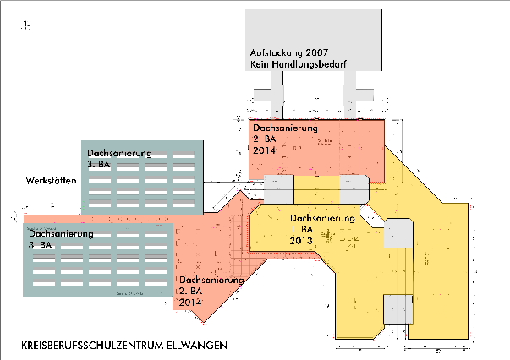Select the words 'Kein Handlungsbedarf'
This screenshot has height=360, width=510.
303,64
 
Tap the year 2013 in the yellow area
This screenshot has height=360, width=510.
302,241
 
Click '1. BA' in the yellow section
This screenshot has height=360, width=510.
302,230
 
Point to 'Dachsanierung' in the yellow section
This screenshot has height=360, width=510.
321,219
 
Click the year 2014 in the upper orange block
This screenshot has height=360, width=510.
265,150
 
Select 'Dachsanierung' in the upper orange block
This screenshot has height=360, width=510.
285,128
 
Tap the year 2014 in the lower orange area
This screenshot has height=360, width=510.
190,302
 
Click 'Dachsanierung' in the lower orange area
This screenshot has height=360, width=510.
211,280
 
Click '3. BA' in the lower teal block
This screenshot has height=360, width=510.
40,245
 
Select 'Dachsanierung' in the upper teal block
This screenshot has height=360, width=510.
119,153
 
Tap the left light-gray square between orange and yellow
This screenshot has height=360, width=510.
278,188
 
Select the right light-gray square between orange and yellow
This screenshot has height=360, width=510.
354,188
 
